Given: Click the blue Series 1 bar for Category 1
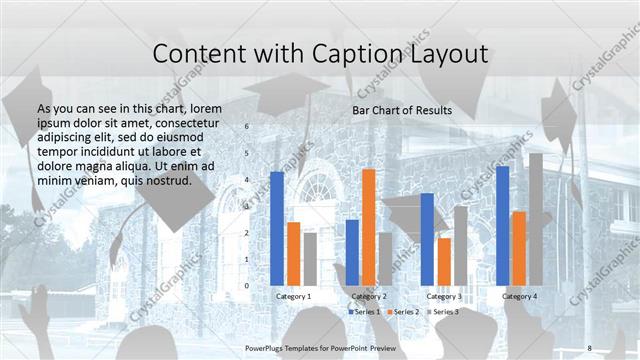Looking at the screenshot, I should (277, 229).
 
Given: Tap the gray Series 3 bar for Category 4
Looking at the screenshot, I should (535, 219).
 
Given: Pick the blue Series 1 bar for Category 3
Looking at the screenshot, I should (427, 239).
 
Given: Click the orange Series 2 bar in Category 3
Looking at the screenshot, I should (443, 261).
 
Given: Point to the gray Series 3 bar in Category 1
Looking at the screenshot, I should (310, 259).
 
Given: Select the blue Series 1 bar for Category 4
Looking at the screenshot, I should (502, 225).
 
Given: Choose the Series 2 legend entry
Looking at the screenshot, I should (403, 312).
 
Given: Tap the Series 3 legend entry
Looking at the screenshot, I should (443, 312).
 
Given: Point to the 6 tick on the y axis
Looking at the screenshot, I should (247, 127).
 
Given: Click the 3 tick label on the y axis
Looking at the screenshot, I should (247, 207).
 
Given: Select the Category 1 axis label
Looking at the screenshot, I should (293, 296).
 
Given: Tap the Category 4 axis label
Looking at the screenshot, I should (519, 296).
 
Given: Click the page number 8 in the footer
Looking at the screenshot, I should (589, 347).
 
